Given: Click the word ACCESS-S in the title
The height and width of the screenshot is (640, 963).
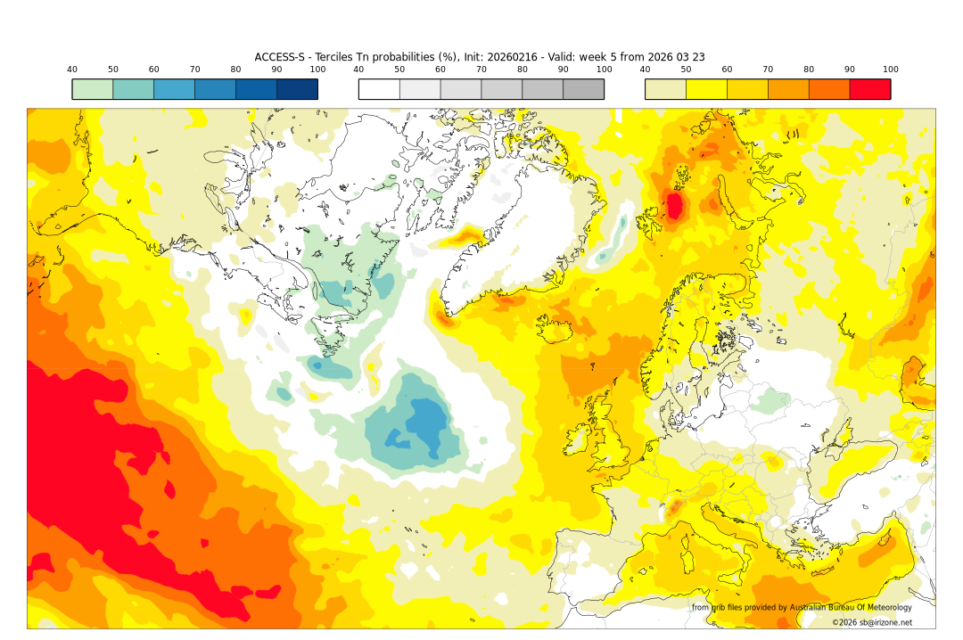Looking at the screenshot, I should [278, 57].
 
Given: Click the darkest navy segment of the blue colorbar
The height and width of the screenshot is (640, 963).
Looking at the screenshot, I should [297, 89].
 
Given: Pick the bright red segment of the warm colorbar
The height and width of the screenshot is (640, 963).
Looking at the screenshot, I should [869, 89].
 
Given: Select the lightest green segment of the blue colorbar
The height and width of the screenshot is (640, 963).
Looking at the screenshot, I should [93, 89].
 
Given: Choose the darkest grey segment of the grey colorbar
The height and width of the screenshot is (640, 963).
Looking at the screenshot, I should [583, 89].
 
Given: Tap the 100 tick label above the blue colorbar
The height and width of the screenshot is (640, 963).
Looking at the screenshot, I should [317, 70].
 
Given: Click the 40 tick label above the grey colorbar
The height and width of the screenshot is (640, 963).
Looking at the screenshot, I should [358, 70].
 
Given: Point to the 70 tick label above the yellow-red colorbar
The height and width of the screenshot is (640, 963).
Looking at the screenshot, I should [768, 70].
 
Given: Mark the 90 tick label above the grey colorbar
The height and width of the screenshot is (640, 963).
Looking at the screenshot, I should [563, 70].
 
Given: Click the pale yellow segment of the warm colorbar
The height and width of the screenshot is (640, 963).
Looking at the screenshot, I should [665, 89].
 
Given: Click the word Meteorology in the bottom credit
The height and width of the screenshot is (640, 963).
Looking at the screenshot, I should [885, 608].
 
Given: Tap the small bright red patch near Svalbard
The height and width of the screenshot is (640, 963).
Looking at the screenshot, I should [675, 206].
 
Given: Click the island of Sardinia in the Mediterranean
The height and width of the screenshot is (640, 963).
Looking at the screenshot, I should [688, 562].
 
